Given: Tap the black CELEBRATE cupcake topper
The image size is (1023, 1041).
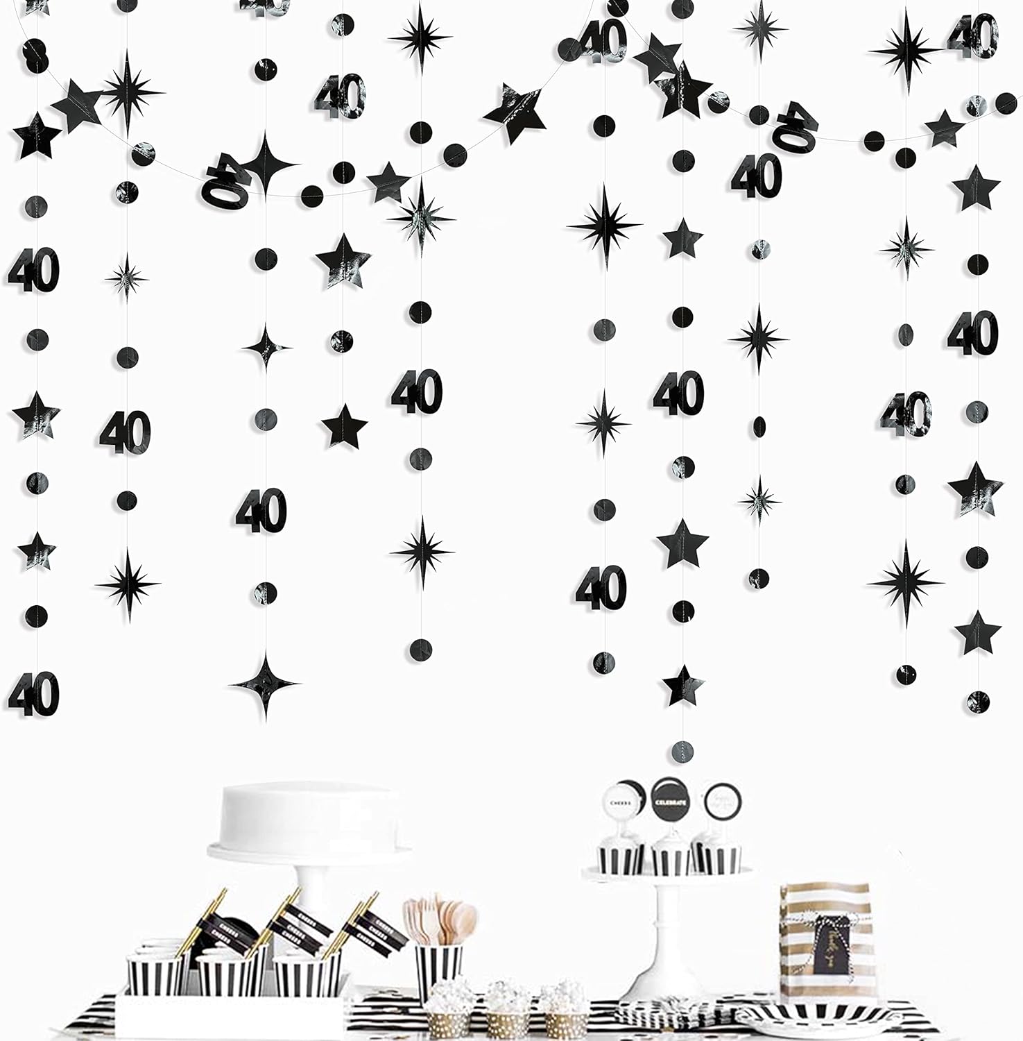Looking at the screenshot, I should pyautogui.click(x=669, y=799).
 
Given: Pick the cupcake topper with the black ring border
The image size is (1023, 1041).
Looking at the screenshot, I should pyautogui.click(x=722, y=802).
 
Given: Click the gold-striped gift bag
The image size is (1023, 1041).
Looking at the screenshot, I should pyautogui.click(x=825, y=936).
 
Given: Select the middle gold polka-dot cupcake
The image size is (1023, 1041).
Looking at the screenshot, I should pyautogui.click(x=504, y=1013).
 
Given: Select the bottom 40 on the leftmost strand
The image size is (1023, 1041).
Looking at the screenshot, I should pyautogui.click(x=33, y=693).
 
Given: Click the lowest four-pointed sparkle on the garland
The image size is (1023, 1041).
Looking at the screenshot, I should pyautogui.click(x=265, y=684).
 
